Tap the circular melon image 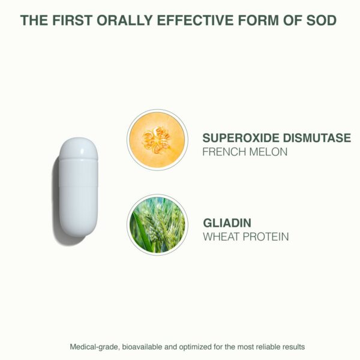pyautogui.click(x=157, y=139)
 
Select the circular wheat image pyautogui.click(x=157, y=224)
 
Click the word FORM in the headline pyautogui.click(x=259, y=20)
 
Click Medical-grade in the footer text pyautogui.click(x=91, y=347)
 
